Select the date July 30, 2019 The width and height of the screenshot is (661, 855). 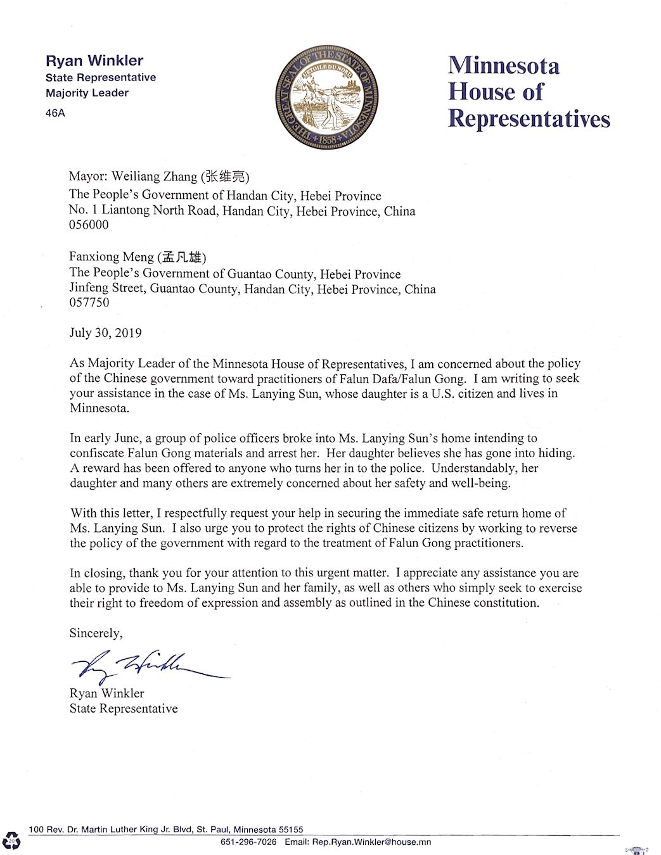(105, 333)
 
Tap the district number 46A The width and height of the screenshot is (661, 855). (55, 113)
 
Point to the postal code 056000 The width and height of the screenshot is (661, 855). (89, 225)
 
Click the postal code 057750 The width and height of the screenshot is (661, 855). (89, 303)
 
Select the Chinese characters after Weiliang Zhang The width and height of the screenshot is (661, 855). (225, 177)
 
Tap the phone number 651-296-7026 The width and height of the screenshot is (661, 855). (248, 842)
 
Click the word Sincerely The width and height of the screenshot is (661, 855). (96, 633)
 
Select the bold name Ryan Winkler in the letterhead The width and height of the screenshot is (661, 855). (94, 61)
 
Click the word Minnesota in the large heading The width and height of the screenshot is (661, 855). (504, 65)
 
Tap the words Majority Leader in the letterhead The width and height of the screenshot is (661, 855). (87, 93)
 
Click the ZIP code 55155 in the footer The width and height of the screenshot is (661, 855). (291, 829)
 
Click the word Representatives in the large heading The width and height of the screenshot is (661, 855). (529, 118)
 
